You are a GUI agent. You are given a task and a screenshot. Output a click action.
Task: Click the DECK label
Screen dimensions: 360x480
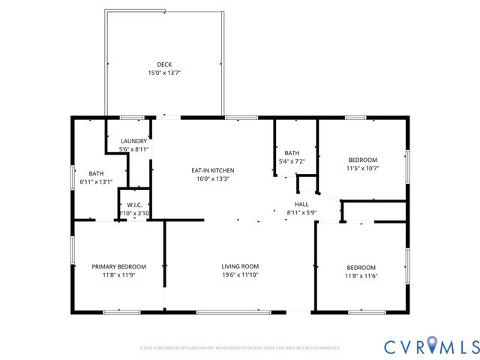coord(163,64)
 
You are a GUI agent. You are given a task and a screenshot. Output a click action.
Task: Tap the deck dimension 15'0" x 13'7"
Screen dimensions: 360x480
coord(163,73)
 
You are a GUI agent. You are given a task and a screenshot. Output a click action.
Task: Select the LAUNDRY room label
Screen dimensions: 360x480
coord(134,141)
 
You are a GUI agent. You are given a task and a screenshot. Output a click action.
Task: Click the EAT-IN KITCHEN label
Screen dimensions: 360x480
coord(213,170)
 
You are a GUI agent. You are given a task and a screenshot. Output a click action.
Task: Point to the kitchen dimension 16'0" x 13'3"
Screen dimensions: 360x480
coord(213,179)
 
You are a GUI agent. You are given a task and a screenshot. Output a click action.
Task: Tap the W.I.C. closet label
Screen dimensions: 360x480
coord(135,205)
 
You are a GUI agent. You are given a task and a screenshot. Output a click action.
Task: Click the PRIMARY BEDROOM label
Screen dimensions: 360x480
coord(118,266)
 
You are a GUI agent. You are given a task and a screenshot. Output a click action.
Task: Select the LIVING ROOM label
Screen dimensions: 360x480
coord(240,266)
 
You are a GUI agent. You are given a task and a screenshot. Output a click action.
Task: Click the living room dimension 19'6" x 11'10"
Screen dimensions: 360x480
coord(240,275)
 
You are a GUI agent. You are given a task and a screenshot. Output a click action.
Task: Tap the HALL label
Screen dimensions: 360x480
coord(301,204)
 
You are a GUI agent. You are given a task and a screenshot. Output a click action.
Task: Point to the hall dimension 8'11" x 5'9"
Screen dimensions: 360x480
coord(301,213)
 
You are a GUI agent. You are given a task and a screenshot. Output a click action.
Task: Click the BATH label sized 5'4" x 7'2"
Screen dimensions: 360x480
coord(292,153)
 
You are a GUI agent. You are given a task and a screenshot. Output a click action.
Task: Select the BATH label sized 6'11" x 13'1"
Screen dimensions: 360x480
coord(96,172)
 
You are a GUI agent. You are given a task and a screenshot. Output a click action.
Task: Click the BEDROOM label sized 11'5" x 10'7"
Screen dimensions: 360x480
coord(362,160)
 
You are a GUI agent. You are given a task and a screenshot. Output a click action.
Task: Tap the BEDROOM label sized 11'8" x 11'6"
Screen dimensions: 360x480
coord(361,268)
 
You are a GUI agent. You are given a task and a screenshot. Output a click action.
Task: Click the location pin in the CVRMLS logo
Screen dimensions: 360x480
coord(434,346)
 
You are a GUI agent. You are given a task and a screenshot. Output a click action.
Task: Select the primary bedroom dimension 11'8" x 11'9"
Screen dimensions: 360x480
coord(118,275)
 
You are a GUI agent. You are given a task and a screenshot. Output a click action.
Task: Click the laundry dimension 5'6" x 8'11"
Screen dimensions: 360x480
coord(134,149)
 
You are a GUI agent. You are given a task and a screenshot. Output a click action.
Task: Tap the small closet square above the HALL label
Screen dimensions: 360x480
coord(306,184)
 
